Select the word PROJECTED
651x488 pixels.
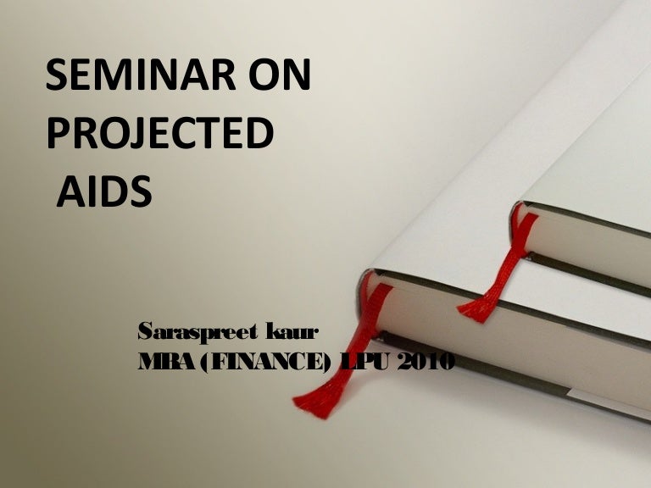pos(159,136)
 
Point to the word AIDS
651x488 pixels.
pos(104,192)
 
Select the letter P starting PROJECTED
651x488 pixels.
pos(56,136)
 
